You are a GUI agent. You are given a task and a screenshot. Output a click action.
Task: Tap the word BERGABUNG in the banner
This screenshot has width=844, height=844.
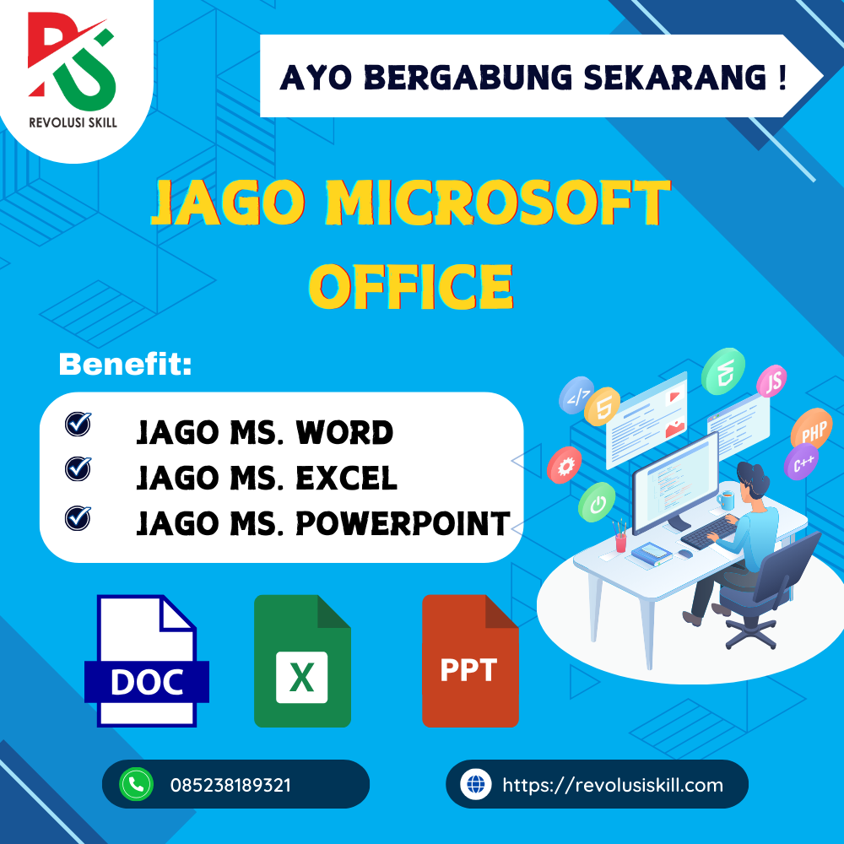446,77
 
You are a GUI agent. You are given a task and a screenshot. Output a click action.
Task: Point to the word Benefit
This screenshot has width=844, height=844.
125,365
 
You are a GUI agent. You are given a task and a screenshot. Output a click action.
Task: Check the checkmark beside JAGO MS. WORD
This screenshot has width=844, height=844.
78,424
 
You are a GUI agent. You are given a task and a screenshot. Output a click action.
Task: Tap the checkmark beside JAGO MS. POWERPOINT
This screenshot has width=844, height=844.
78,516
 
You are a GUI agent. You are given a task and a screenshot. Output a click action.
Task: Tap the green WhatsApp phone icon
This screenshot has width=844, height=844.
135,784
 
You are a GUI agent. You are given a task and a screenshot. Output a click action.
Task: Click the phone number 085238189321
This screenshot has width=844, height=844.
230,785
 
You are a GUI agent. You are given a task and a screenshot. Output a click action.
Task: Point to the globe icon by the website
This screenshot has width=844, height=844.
476,784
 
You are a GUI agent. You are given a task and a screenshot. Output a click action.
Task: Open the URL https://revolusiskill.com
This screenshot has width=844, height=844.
612,785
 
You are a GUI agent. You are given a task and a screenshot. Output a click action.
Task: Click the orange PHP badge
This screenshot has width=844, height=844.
813,433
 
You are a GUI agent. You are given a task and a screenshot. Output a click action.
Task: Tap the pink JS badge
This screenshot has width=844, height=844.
771,382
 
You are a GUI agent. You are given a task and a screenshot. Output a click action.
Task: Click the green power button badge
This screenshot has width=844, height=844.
597,503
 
